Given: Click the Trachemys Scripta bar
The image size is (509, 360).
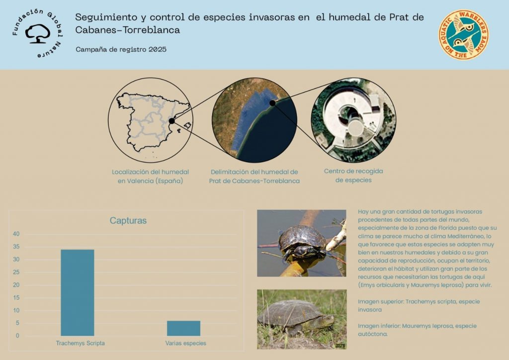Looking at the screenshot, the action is coord(77,292).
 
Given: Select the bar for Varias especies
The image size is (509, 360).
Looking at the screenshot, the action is coord(183,328).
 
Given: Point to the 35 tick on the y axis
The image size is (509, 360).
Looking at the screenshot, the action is coord(16,247).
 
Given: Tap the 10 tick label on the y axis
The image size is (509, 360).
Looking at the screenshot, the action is coord(16,310).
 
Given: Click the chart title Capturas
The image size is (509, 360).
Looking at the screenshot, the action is coord(128,221).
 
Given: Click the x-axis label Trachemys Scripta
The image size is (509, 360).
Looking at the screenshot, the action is coord(80,343).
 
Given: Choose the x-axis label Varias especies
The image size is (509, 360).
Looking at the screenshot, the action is coord(186,343).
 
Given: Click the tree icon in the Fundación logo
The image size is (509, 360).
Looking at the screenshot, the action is coord(38,34).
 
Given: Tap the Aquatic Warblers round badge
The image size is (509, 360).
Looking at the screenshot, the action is coord(464,35).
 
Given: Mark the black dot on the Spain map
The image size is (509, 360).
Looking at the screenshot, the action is coord(171,121).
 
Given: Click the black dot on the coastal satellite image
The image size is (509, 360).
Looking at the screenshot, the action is coord(273,103).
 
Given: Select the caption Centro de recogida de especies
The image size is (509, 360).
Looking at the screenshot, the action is coord(353,176).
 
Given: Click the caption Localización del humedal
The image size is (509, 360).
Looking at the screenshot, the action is coord(150,172).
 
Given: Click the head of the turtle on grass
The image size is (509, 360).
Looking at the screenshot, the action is coord(328,320).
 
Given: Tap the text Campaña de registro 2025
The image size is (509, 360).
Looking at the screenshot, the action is coord(121,49).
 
